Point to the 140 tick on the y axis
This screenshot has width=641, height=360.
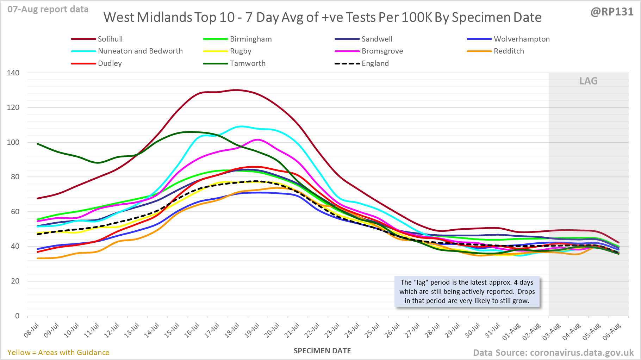point(13,73)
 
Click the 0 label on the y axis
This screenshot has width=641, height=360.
point(17,316)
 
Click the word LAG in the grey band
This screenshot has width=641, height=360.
point(589,81)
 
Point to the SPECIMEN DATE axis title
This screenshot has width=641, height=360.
point(322,351)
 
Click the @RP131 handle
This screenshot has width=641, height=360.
point(612,12)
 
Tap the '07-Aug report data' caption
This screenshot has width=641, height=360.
point(48,10)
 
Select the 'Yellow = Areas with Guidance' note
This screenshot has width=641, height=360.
point(58,353)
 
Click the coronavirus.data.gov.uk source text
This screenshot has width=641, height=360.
point(581,353)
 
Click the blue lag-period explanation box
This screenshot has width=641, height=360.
point(467,292)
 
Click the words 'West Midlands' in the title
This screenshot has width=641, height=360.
point(148,17)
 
